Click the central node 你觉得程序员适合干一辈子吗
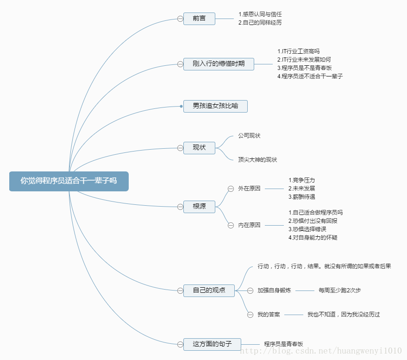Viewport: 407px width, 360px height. (x=69, y=181)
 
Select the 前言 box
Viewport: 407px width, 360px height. (x=199, y=19)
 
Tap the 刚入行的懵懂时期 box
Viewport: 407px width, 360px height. (x=219, y=64)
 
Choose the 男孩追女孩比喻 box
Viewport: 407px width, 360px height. (x=215, y=106)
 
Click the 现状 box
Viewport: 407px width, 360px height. (x=199, y=148)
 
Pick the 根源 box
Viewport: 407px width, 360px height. (x=199, y=207)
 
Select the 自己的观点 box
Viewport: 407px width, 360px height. (x=209, y=291)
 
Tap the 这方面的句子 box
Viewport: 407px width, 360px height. (x=212, y=344)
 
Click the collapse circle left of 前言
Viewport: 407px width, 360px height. (x=180, y=19)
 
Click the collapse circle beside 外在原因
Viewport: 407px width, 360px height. (x=231, y=189)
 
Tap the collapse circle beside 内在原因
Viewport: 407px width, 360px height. (x=231, y=225)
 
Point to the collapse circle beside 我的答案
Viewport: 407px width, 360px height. (x=250, y=315)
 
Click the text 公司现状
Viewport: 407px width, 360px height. (x=249, y=136)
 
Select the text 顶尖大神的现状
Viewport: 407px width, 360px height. (x=257, y=160)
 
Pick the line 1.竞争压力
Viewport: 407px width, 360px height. (x=301, y=180)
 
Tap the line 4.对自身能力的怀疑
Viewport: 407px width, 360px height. (x=313, y=238)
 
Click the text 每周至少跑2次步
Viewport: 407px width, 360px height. (x=339, y=291)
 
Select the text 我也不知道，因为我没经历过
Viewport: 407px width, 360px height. (x=344, y=315)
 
